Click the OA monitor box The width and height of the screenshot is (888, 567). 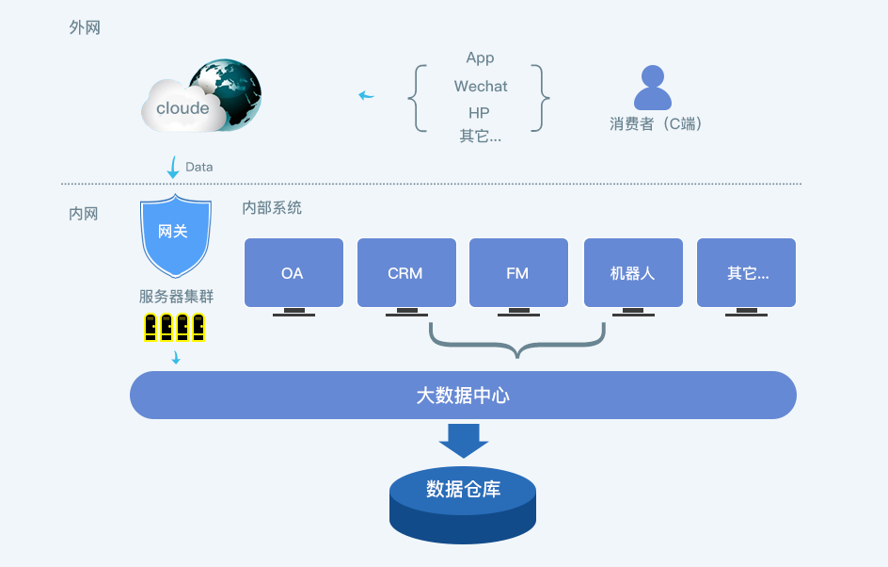[x=293, y=273]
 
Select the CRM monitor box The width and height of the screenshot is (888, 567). [x=405, y=273]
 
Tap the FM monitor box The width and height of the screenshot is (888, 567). [x=517, y=273]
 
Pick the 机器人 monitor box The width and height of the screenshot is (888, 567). [x=632, y=273]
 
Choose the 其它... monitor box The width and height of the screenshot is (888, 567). [x=747, y=273]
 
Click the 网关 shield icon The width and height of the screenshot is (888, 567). [x=172, y=234]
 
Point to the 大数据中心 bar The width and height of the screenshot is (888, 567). [x=463, y=396]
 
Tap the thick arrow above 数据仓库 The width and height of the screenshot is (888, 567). [x=464, y=440]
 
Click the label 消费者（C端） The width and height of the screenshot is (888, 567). [x=656, y=123]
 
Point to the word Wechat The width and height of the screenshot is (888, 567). [x=480, y=87]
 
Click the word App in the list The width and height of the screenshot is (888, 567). [x=480, y=58]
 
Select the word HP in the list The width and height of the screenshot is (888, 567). [x=479, y=113]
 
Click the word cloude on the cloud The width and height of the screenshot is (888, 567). [x=182, y=108]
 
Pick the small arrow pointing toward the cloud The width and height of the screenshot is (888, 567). [x=365, y=95]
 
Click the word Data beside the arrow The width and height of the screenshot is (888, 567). [x=199, y=167]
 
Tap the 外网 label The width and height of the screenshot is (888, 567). [x=85, y=28]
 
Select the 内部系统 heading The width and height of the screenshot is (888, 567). [x=272, y=207]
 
